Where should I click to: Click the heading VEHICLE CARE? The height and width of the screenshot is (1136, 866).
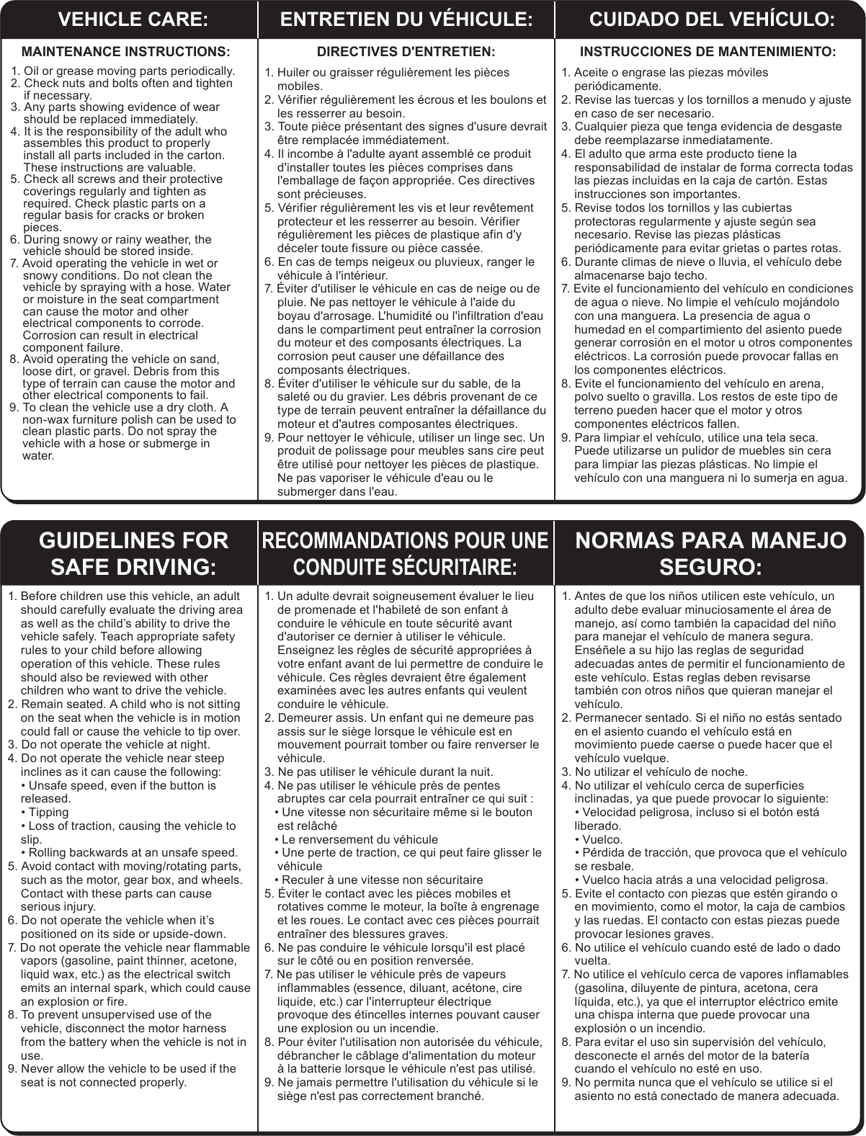tap(132, 20)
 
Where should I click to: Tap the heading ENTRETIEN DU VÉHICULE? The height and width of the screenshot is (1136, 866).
tap(406, 20)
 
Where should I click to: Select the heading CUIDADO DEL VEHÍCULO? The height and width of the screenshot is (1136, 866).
tap(712, 20)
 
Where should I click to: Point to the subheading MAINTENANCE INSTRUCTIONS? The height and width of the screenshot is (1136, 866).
tap(127, 52)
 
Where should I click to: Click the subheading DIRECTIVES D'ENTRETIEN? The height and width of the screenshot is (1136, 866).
tap(406, 52)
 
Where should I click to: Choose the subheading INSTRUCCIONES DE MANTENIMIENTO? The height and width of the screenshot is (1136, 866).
tap(708, 52)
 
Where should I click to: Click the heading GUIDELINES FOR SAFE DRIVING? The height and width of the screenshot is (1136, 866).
tap(133, 553)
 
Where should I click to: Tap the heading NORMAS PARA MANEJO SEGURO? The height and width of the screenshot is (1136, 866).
tap(711, 553)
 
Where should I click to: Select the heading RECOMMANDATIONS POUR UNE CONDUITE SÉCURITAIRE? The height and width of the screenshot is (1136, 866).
tap(406, 553)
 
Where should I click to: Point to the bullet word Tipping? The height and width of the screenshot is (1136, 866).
tap(49, 812)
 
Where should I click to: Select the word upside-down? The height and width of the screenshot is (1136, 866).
tap(193, 934)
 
